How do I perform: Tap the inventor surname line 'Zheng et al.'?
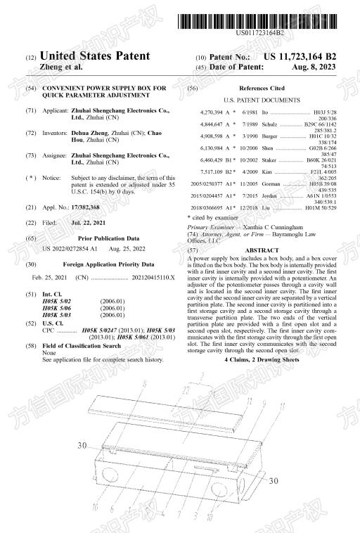coord(61,67)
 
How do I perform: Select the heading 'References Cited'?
coord(262,89)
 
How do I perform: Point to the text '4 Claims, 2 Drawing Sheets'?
coord(262,359)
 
